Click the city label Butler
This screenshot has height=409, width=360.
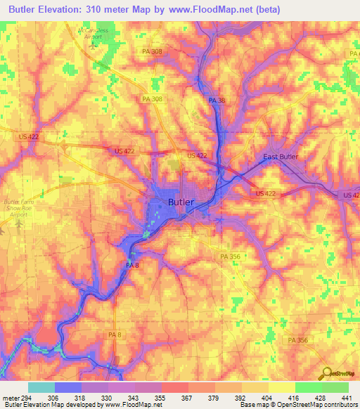click(181, 202)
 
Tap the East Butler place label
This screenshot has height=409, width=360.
click(281, 157)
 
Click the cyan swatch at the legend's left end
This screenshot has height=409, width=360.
click(41, 387)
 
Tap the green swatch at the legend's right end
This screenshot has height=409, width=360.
click(335, 387)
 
